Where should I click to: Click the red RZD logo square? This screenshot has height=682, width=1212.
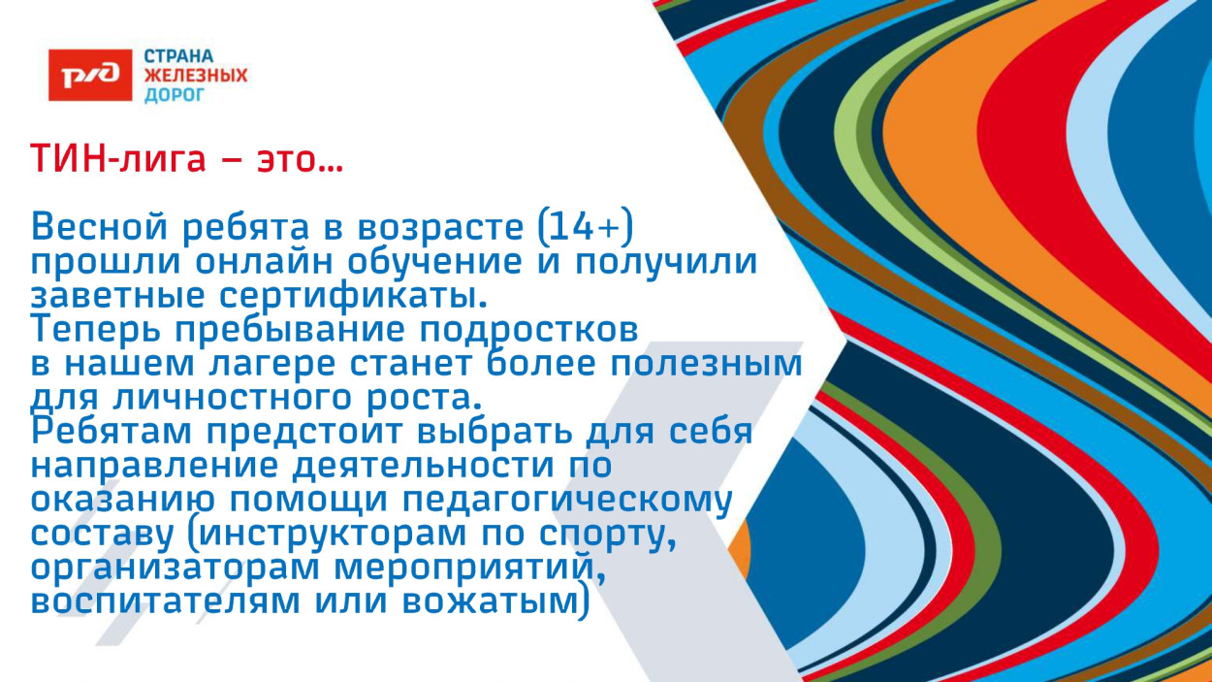(90, 74)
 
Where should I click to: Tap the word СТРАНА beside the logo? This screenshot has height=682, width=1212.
(179, 56)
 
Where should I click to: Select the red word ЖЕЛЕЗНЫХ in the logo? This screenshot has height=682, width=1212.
(196, 75)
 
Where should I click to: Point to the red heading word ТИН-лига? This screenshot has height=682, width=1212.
(118, 158)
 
